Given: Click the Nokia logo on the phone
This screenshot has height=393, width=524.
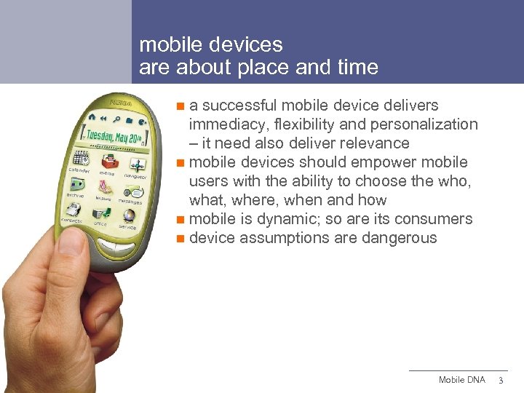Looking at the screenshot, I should click(118, 104).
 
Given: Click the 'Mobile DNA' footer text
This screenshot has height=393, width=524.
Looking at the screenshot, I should click(461, 380).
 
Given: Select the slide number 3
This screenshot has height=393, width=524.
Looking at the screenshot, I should click(500, 381).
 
